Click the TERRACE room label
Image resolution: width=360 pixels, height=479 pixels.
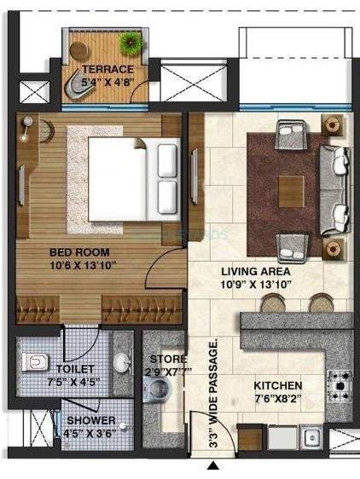coord(107,69)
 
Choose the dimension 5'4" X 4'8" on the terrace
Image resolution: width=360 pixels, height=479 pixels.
coord(107,83)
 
